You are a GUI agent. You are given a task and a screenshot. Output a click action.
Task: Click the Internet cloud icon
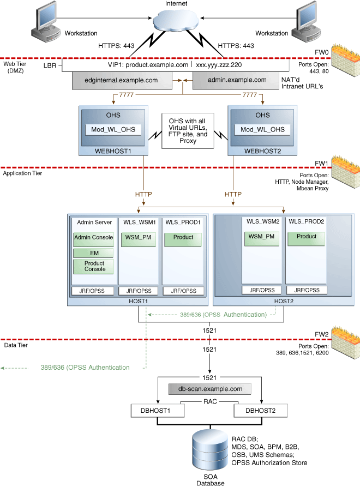(x=176, y=20)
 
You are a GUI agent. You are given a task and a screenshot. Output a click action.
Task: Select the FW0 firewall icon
(x=346, y=60)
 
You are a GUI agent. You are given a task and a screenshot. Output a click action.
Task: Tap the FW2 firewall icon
(x=346, y=342)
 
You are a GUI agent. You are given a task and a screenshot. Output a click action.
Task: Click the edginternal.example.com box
(x=122, y=81)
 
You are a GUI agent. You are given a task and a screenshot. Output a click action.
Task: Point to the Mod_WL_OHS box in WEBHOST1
(x=113, y=129)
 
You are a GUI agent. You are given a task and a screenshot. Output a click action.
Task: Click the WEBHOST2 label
(x=262, y=151)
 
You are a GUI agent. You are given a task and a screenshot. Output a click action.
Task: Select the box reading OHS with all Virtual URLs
(x=188, y=131)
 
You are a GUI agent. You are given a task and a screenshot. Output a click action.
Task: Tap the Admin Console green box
(x=93, y=239)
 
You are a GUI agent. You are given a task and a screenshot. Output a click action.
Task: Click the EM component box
(x=93, y=253)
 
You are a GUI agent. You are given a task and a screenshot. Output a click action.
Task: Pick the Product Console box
(x=93, y=267)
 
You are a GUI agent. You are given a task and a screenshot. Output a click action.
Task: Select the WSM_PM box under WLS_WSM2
(x=261, y=239)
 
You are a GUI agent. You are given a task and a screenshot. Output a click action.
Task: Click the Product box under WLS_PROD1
(x=183, y=239)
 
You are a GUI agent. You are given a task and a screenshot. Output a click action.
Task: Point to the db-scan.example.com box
(x=210, y=389)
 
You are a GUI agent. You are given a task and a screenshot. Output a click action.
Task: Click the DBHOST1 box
(x=158, y=411)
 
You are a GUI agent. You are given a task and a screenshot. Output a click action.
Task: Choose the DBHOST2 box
(x=261, y=411)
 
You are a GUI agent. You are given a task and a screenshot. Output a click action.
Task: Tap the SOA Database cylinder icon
(x=210, y=450)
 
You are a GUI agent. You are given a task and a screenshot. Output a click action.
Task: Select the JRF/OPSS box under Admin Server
(x=92, y=291)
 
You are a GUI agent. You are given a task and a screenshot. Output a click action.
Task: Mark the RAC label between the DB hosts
(x=210, y=401)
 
